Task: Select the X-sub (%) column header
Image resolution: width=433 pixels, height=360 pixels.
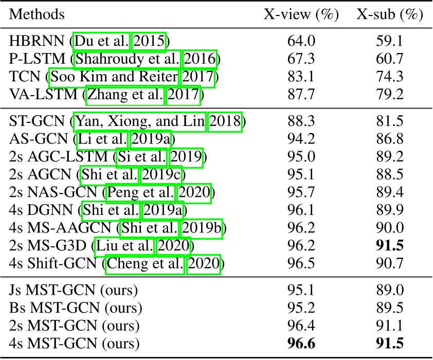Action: pyautogui.click(x=390, y=15)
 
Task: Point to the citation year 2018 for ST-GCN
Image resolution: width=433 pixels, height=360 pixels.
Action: pyautogui.click(x=225, y=122)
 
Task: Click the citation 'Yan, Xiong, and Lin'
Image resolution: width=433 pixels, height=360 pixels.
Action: pyautogui.click(x=140, y=122)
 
